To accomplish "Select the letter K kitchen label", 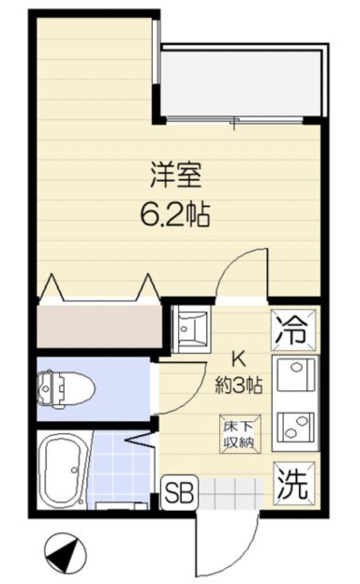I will [x=237, y=360].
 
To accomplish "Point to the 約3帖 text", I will [x=237, y=385].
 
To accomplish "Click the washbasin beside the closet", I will [x=191, y=327].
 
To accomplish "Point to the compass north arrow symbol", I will [x=64, y=552].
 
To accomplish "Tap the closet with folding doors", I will [x=99, y=325].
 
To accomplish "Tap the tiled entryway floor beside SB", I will [x=232, y=493].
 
